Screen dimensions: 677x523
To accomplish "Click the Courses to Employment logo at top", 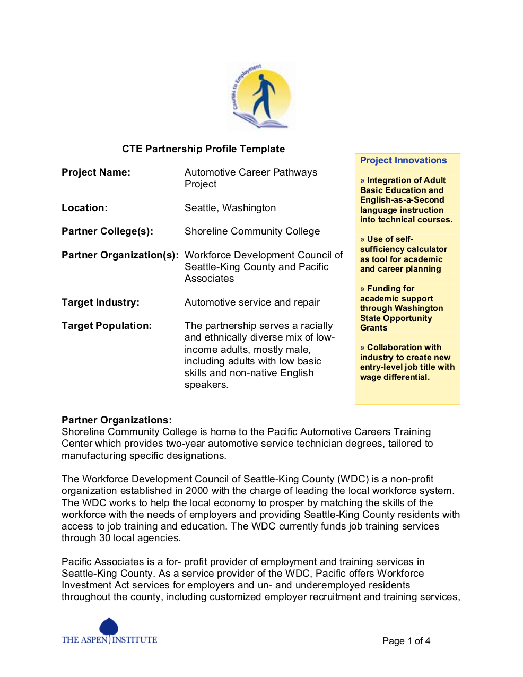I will (261, 96).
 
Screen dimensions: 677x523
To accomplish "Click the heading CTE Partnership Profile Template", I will (203, 149).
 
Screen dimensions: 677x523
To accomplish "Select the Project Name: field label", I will (96, 172).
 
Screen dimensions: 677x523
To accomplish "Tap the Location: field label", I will (84, 208).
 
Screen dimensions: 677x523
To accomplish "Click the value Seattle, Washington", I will (230, 208).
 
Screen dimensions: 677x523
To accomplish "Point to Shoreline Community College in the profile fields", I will (252, 231).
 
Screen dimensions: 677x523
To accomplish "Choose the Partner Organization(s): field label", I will (120, 255).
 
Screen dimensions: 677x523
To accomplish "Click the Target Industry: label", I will (100, 302).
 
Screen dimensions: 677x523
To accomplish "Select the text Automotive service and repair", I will (252, 302).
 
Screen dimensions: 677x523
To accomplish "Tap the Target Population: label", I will (107, 326).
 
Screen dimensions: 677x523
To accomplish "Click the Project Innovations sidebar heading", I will (403, 160).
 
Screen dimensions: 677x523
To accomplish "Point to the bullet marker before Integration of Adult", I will (363, 180).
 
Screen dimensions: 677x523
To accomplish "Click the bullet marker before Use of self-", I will (363, 239).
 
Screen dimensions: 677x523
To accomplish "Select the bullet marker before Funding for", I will (363, 289).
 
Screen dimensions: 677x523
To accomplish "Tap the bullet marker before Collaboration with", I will (363, 348).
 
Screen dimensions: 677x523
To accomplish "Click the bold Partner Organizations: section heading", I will (117, 420).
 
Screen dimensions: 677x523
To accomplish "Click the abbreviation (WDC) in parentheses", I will (353, 479).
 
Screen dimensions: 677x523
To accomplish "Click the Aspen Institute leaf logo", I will (109, 627).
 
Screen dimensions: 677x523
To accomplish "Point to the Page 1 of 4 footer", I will (406, 641).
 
